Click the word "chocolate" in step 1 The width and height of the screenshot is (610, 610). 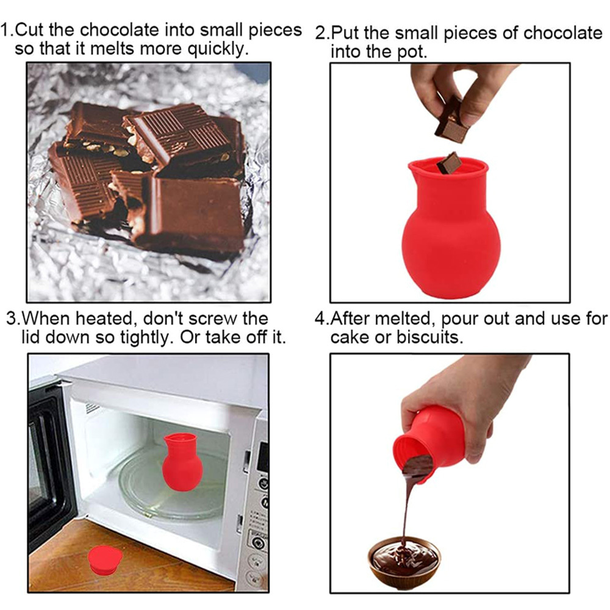pos(119,30)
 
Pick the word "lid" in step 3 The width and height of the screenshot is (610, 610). pos(30,337)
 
